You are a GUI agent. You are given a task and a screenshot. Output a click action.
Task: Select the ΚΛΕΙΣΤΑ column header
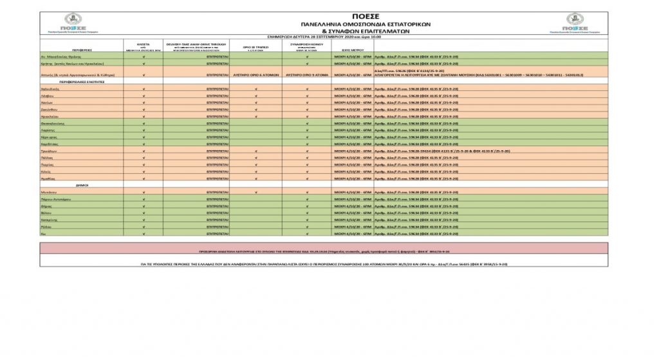click(144, 45)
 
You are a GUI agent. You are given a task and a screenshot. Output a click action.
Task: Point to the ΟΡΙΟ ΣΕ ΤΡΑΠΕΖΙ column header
click(255, 47)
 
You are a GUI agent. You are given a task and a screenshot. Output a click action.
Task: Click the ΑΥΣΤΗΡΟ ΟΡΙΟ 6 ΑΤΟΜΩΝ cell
click(255, 75)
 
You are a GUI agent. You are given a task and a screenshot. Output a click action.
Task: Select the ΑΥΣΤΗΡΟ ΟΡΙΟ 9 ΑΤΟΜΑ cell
click(307, 75)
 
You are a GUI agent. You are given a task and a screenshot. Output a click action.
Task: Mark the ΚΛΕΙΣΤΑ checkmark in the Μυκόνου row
click(144, 192)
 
